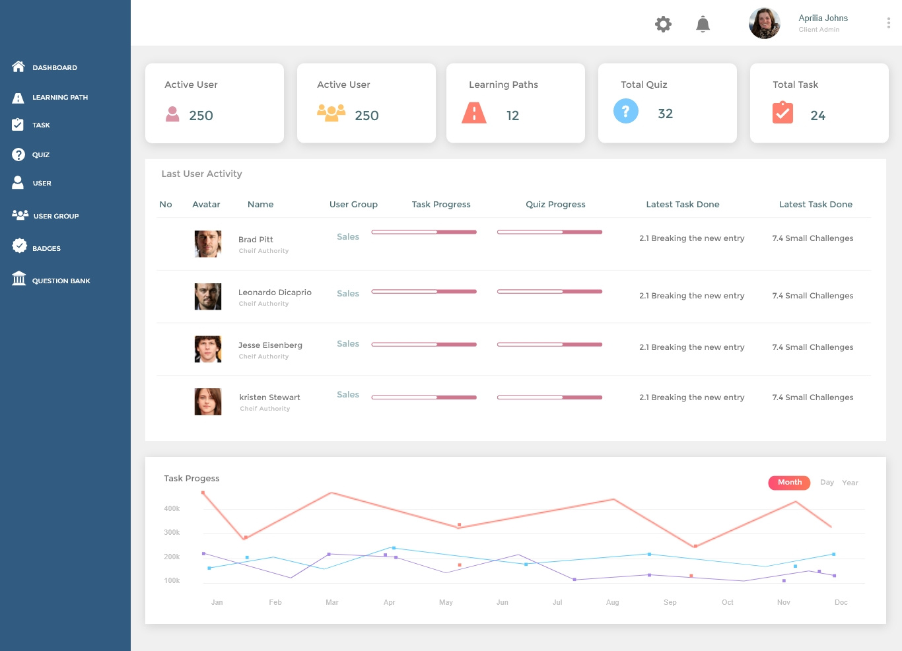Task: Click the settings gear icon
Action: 663,24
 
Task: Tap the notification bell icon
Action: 703,24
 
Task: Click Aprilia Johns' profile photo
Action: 765,23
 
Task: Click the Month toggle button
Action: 789,483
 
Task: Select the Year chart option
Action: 850,483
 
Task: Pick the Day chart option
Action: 827,483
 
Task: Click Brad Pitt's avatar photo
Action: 207,244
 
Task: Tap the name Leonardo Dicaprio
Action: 275,292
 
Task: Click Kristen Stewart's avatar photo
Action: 207,401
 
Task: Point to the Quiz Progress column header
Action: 555,205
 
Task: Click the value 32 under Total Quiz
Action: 665,114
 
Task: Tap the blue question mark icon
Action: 625,111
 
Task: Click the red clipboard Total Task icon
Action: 782,113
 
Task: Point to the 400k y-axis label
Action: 172,509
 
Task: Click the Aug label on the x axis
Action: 612,602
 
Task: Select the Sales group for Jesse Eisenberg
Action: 348,344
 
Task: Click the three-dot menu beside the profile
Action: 888,23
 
